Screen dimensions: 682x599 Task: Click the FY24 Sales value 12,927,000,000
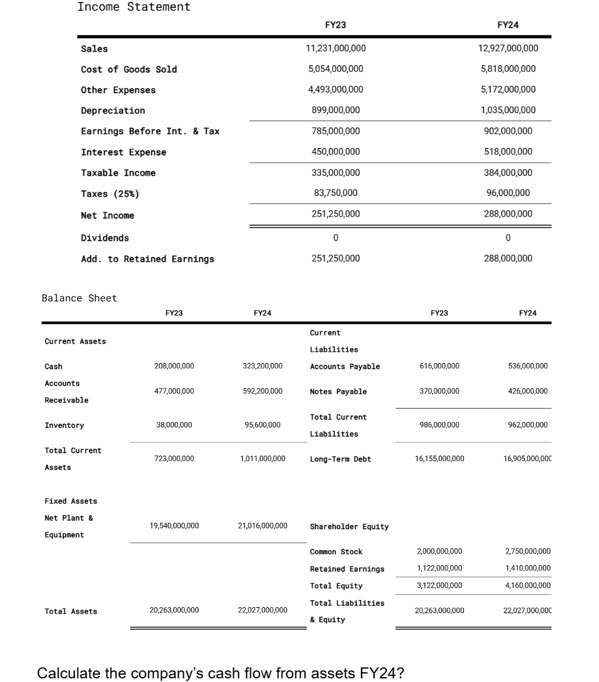[508, 48]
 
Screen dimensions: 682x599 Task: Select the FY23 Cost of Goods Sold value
[335, 69]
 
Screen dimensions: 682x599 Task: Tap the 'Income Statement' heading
[134, 7]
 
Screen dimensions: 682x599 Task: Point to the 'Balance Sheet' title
[79, 298]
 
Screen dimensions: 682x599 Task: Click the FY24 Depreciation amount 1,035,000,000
[508, 110]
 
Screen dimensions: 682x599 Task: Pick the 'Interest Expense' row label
[123, 152]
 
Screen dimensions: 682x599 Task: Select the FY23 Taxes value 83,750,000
[335, 193]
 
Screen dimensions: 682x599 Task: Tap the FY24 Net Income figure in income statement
[508, 214]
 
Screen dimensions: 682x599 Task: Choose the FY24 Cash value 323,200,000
[262, 366]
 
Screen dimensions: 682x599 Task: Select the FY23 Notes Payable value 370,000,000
[440, 391]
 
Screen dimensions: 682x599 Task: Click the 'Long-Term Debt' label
[340, 459]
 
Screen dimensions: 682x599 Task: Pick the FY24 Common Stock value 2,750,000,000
[527, 552]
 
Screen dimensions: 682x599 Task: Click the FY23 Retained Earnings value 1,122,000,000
[440, 569]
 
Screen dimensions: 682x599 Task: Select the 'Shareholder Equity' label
[349, 527]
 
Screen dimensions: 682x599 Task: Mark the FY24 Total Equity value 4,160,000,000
[527, 586]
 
